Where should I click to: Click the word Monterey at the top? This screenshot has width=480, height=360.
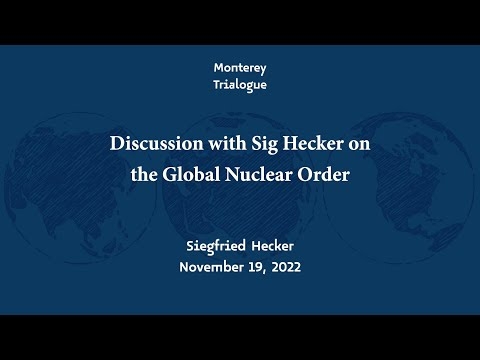[240, 68]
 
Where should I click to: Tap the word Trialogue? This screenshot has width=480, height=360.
[240, 85]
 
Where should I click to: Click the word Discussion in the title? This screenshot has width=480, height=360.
[157, 143]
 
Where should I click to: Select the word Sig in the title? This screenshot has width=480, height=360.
[265, 145]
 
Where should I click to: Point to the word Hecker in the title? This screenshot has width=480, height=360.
[313, 143]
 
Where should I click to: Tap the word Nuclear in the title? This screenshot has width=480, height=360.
[259, 174]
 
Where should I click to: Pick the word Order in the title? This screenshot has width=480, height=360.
[323, 174]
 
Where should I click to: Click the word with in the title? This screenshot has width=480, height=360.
[228, 143]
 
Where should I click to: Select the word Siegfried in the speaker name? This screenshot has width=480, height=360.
[216, 247]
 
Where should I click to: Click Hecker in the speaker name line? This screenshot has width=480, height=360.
[272, 246]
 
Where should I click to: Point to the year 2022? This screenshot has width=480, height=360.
[286, 267]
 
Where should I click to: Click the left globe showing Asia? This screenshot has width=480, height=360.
[80, 188]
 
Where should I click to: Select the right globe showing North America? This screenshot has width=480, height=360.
[398, 188]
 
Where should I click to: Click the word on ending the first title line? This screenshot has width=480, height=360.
[359, 146]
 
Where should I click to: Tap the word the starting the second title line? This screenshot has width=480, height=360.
[144, 174]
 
